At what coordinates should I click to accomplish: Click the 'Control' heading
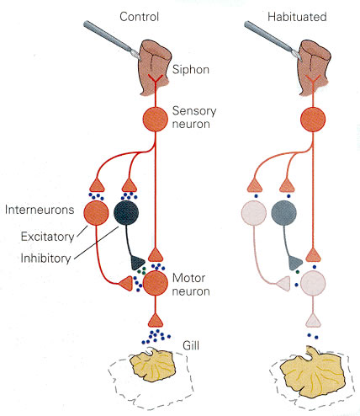(x=139, y=17)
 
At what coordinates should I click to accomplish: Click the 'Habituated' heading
(x=297, y=17)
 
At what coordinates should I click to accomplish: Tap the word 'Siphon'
(x=191, y=70)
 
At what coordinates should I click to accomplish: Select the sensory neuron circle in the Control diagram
(x=155, y=120)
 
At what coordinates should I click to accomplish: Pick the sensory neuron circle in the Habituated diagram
(x=313, y=120)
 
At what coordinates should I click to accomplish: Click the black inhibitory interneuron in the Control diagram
(x=126, y=213)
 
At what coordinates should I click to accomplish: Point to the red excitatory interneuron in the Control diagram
(x=96, y=213)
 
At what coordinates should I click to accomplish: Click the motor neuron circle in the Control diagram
(x=155, y=283)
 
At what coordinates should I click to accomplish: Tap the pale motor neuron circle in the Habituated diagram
(x=313, y=283)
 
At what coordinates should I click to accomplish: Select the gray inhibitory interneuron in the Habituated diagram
(x=283, y=213)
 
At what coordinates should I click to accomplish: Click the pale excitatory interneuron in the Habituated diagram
(x=254, y=213)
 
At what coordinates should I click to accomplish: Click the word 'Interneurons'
(x=40, y=210)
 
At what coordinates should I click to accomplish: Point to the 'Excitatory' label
(x=47, y=237)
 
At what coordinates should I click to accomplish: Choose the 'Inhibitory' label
(x=45, y=259)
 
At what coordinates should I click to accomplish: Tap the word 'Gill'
(x=191, y=345)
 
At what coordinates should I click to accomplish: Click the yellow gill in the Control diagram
(x=153, y=365)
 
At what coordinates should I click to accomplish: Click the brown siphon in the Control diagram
(x=154, y=67)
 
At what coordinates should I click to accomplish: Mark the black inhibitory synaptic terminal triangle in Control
(x=137, y=263)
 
